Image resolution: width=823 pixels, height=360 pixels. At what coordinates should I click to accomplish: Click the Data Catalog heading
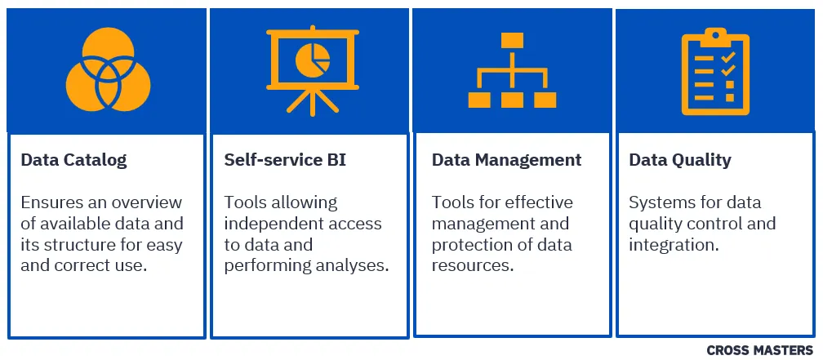click(74, 160)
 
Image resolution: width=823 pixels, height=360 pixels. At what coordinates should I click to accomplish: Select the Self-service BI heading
click(285, 159)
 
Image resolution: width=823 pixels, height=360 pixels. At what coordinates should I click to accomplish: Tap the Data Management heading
click(506, 160)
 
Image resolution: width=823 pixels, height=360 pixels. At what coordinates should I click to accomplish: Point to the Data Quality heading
click(680, 160)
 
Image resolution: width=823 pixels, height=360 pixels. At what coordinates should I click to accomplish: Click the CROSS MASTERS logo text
click(759, 350)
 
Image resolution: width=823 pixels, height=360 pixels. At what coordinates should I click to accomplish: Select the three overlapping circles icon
click(108, 69)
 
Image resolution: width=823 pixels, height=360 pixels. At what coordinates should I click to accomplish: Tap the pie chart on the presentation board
click(313, 60)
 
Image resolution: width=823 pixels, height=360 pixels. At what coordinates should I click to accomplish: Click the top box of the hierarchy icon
click(512, 40)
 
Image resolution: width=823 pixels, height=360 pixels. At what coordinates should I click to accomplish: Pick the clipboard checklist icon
click(715, 71)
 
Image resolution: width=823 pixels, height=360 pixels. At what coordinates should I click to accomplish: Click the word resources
click(472, 265)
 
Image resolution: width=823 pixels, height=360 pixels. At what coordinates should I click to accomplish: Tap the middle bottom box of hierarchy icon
click(512, 100)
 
